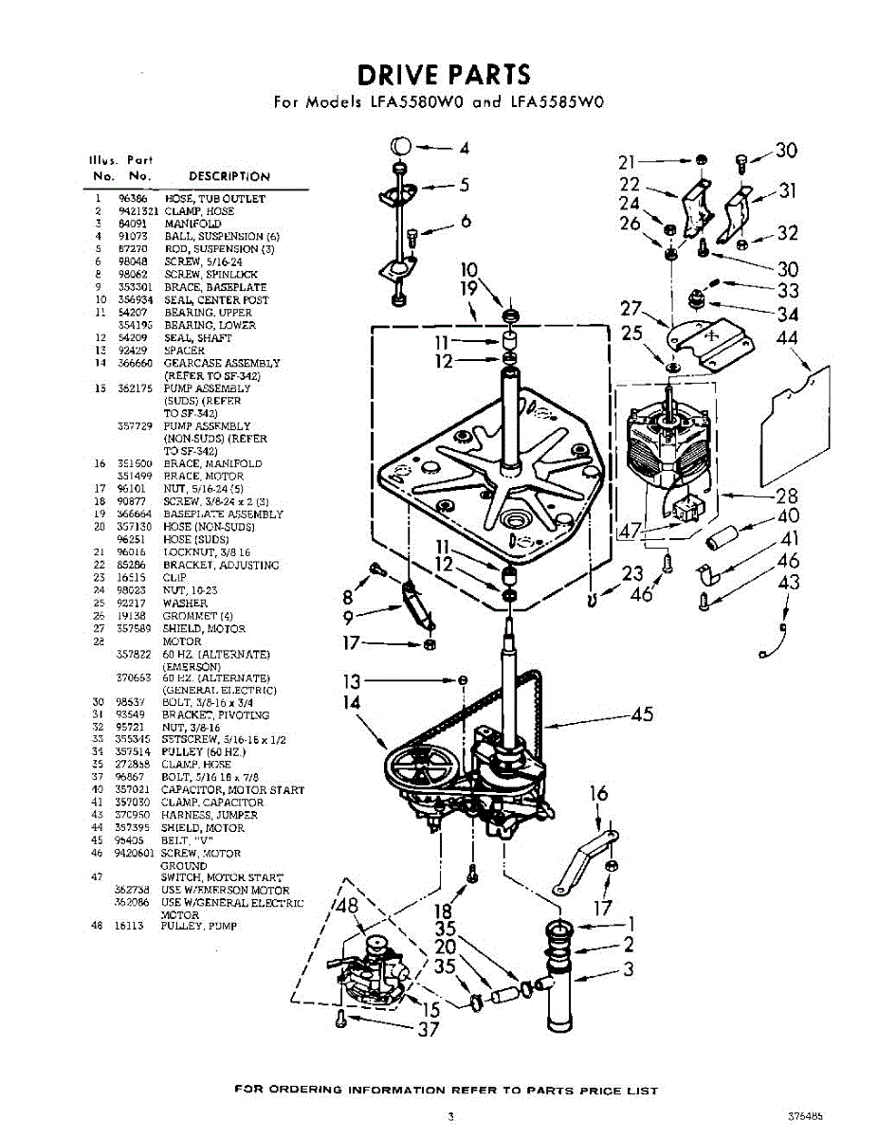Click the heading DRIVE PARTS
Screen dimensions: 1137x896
[x=443, y=74]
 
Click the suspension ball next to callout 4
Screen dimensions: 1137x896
[x=400, y=147]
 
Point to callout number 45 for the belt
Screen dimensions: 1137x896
[x=641, y=714]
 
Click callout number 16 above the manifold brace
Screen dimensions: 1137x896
[x=598, y=794]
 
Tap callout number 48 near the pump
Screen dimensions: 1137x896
[x=348, y=906]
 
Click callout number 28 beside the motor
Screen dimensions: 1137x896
[x=786, y=495]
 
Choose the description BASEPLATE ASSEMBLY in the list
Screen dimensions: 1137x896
[x=223, y=514]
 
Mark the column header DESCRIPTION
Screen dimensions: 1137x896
[x=229, y=176]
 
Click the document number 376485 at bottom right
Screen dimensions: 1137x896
[x=804, y=1116]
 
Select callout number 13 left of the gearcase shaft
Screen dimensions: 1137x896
[x=353, y=680]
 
